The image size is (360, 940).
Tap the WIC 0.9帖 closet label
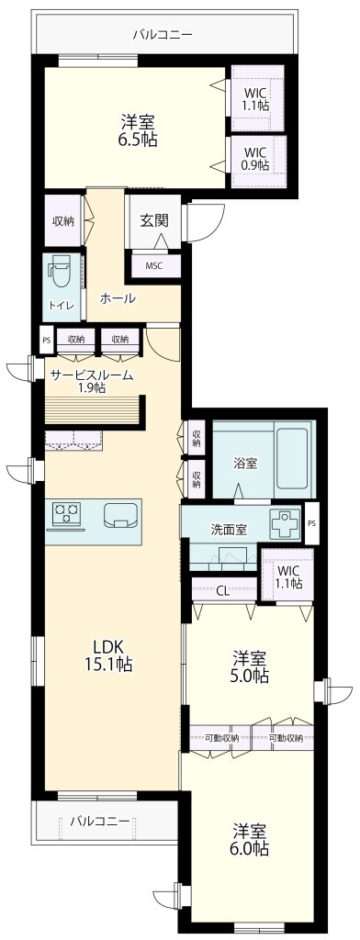255,158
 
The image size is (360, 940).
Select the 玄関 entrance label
152,220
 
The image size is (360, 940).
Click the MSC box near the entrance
154,265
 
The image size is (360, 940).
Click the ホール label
117,297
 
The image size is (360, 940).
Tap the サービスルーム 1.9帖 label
91,381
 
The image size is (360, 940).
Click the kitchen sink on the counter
120,515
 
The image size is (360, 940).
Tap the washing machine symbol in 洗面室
284,525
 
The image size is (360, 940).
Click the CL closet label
222,589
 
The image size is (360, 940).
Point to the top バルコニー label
162,34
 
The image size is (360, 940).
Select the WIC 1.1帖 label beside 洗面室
287,576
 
